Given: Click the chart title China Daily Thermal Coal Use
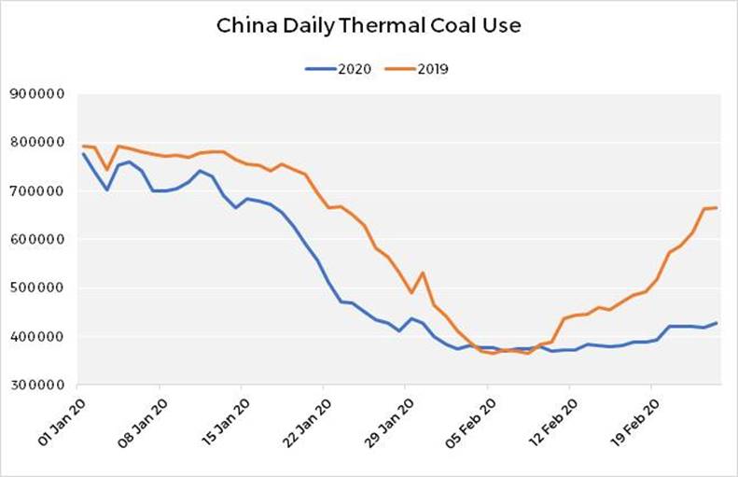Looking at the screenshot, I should [369, 25].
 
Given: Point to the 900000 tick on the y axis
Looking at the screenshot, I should [36, 94].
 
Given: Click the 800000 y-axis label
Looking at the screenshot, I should [36, 143].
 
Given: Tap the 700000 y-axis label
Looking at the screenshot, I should [36, 191].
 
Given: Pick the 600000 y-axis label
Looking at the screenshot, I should [36, 240].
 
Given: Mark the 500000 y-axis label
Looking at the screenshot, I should [36, 288].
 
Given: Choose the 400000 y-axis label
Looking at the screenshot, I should [36, 336].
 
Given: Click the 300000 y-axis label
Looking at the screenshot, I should [36, 385].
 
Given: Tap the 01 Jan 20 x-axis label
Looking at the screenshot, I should [57, 420].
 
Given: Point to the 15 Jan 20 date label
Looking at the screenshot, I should [220, 420].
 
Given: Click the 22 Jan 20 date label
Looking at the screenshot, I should [301, 420].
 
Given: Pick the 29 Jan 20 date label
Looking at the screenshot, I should [383, 420].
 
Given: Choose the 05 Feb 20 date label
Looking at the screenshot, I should [465, 420].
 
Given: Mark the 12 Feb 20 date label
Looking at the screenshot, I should [547, 420].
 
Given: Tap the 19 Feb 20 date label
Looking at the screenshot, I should [628, 420].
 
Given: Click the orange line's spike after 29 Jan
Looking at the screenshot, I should [423, 273].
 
